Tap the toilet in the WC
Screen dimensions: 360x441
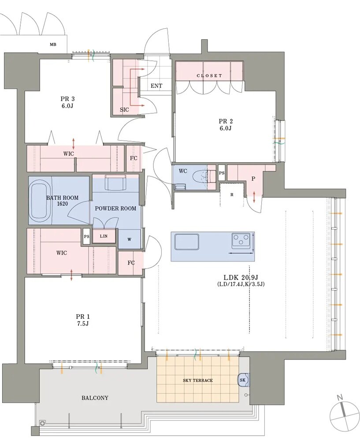tap(201, 176)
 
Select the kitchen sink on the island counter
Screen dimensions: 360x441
tap(187, 242)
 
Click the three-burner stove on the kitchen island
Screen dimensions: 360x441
tap(241, 241)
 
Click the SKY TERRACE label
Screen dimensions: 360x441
tap(198, 380)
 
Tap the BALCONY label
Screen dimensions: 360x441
tap(95, 398)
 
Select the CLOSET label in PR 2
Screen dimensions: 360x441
tap(209, 76)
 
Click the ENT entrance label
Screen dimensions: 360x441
tap(156, 86)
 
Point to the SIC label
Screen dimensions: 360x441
tap(124, 110)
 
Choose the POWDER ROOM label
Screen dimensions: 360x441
tap(115, 209)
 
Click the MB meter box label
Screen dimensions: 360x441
tap(53, 45)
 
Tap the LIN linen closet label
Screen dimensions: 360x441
tap(104, 236)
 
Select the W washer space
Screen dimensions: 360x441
tap(129, 239)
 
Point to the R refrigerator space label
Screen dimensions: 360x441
tap(232, 194)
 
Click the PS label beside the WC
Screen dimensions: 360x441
tap(222, 173)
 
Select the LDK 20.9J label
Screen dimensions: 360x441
tap(241, 277)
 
